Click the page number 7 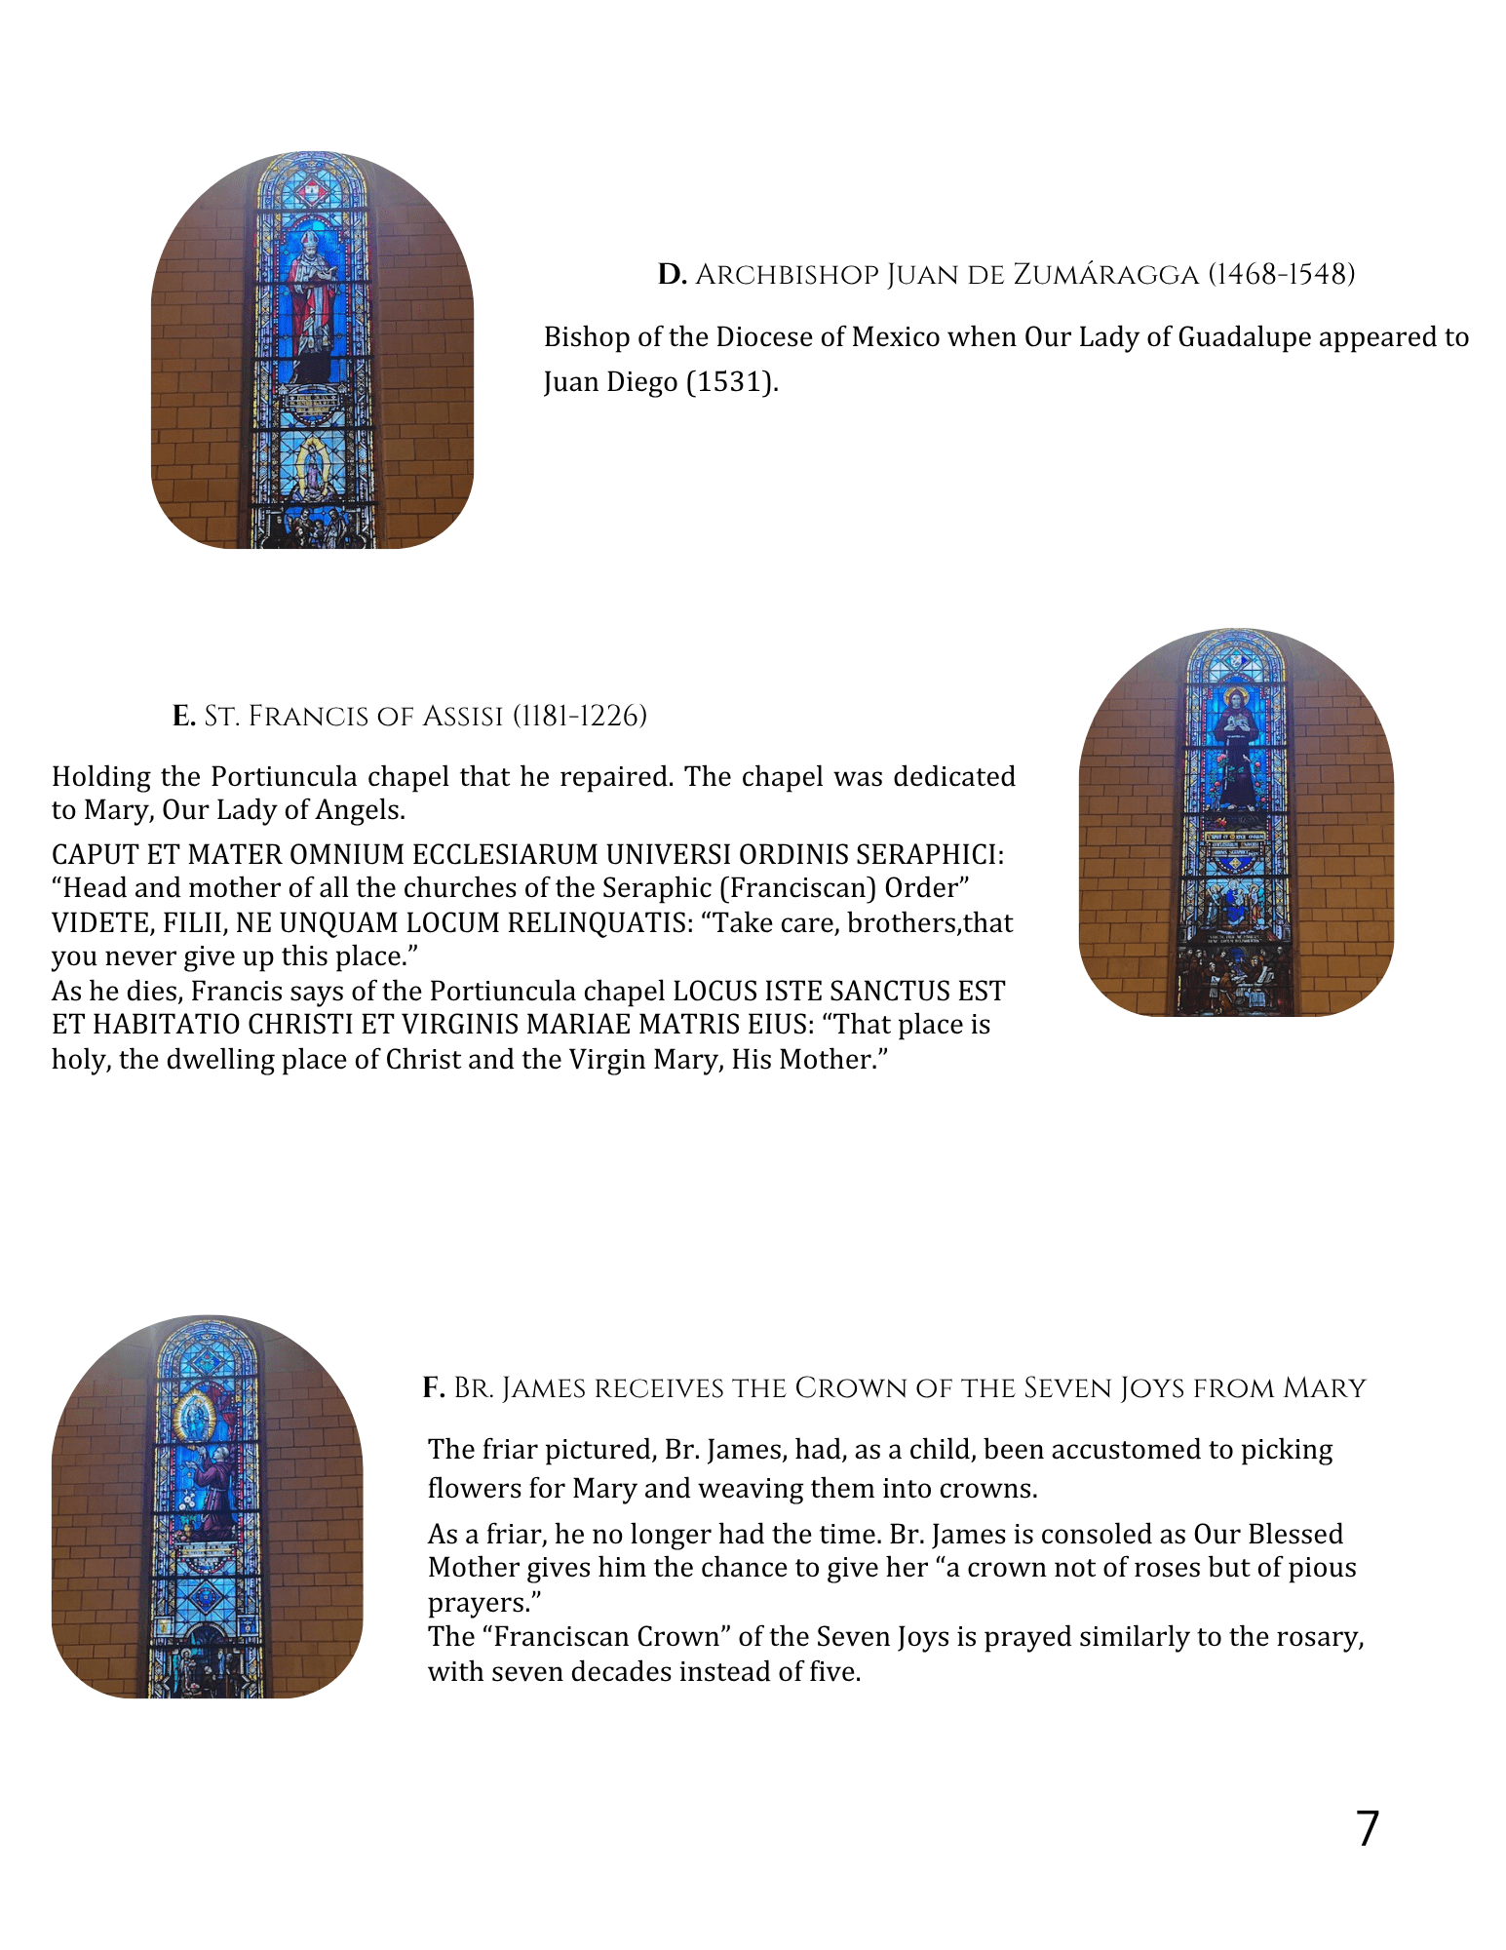tap(1368, 1829)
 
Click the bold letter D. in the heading tap(672, 275)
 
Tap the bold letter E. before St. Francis tap(184, 717)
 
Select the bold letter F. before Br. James tap(434, 1388)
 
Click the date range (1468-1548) tap(1281, 275)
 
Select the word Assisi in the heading tap(462, 717)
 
